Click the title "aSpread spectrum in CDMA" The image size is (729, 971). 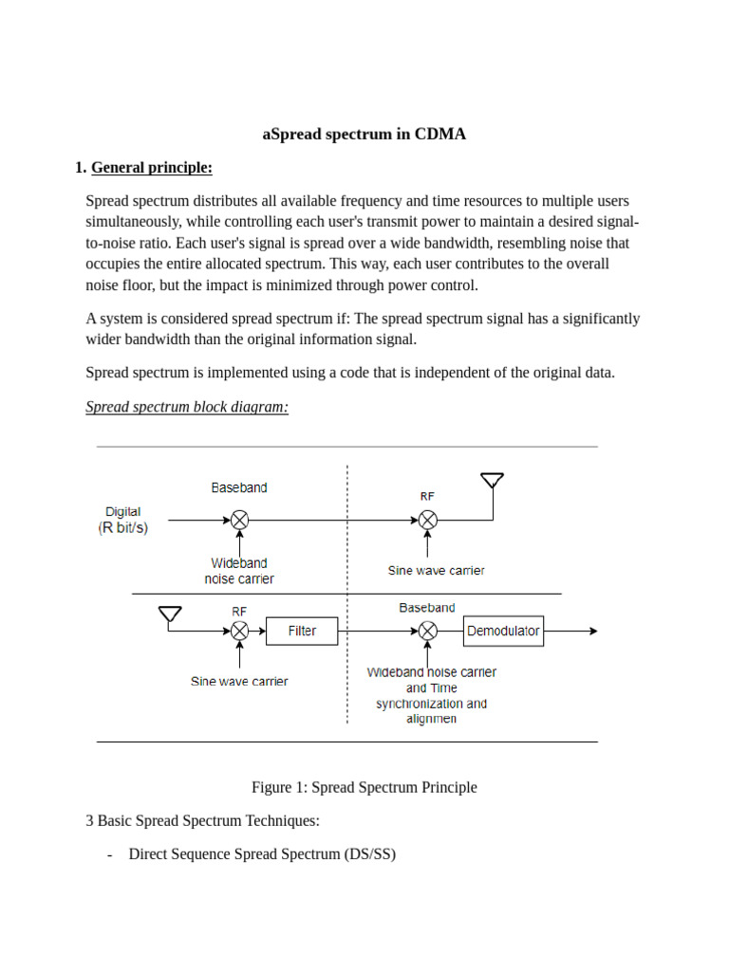coord(364,134)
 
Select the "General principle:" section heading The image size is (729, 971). coord(151,168)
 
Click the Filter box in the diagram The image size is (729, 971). coord(302,632)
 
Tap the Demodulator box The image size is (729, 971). coord(503,632)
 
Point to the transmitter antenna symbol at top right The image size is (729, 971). coord(492,482)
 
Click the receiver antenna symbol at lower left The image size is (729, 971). coord(170,615)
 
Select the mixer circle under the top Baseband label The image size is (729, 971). coord(239,520)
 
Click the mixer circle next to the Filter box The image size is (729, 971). coord(239,632)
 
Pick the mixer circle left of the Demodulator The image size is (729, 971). coord(428,632)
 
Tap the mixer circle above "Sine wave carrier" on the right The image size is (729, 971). coord(428,520)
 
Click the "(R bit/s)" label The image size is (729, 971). coord(123,528)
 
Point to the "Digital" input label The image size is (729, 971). coord(123,512)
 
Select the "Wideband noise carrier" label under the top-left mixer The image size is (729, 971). coord(239,571)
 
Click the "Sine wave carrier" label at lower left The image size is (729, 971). coord(239,681)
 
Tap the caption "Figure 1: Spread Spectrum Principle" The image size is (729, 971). coord(364,787)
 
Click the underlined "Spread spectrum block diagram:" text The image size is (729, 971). coord(187,407)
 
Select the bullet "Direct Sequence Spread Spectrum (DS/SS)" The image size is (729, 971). coord(262,854)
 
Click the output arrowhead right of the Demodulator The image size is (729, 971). coord(593,632)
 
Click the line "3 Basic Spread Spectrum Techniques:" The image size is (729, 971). coord(202,820)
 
